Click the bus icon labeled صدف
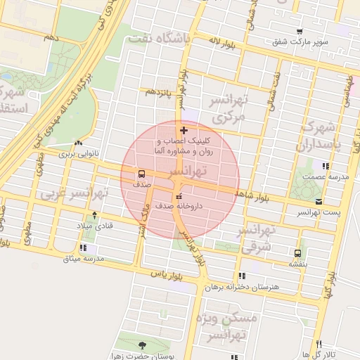tap(142, 173)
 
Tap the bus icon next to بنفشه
tap(298, 253)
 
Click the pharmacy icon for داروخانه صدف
tap(178, 196)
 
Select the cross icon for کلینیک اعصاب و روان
tap(184, 130)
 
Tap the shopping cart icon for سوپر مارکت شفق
tap(300, 32)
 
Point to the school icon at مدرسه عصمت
tap(324, 166)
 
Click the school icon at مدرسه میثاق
tap(84, 247)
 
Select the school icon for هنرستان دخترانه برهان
tap(243, 276)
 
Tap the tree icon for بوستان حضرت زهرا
tap(143, 345)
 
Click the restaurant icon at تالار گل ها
tap(320, 344)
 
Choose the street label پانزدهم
tap(159, 92)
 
